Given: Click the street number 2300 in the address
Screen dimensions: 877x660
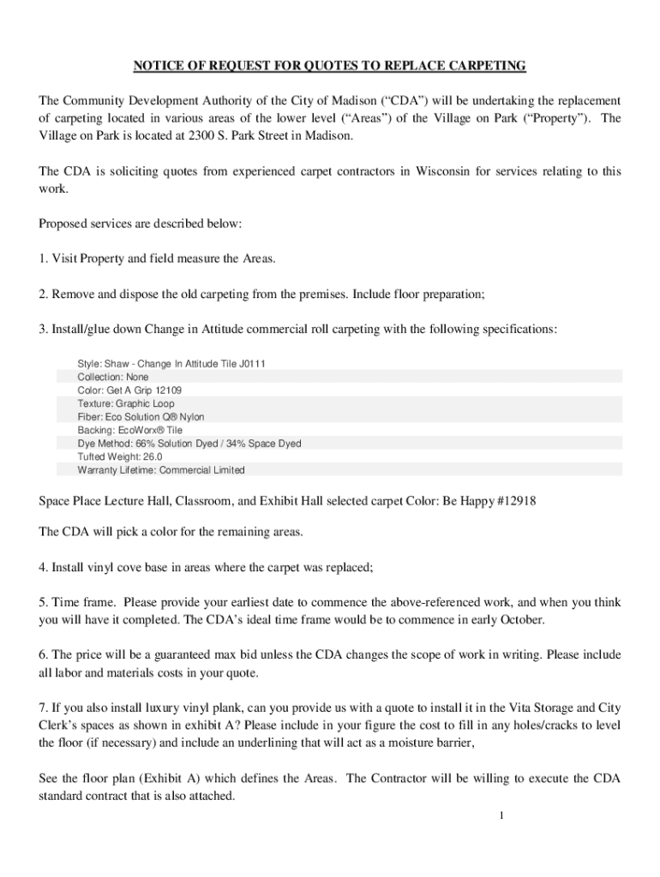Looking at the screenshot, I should click(x=211, y=136).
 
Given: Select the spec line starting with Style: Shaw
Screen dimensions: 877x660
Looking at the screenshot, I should click(x=171, y=364).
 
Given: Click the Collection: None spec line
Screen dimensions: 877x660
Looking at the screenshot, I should click(x=112, y=377).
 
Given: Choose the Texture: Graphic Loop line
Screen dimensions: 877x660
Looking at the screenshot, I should click(x=126, y=403).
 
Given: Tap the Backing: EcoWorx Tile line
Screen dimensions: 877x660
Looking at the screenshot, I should click(x=129, y=430).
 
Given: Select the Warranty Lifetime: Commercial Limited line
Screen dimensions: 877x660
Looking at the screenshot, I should click(x=161, y=470).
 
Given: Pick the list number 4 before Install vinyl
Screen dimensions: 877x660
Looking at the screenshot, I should click(x=43, y=567).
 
